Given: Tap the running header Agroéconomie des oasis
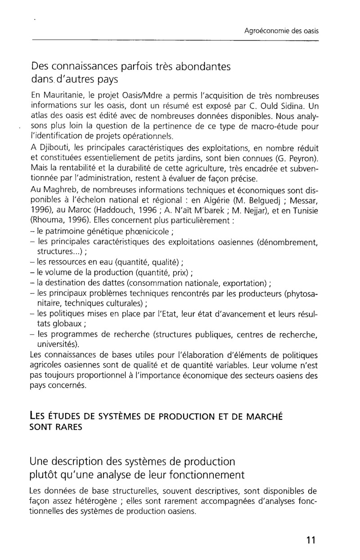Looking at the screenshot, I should tap(281, 31).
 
